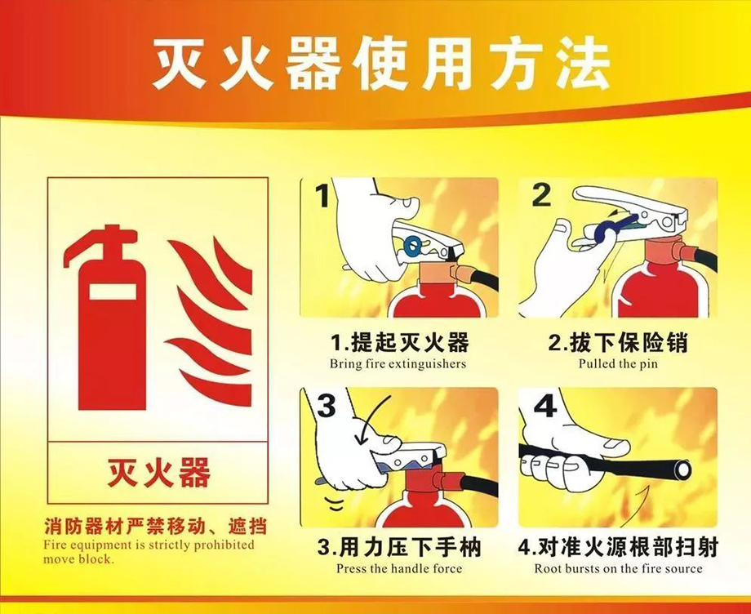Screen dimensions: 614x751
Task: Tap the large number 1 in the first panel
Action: pos(323,197)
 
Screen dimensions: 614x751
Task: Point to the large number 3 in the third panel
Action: pos(326,406)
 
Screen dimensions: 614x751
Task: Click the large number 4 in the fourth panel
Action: pos(544,405)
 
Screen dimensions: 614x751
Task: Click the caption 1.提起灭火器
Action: pos(399,341)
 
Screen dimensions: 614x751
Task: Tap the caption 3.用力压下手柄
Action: pos(399,545)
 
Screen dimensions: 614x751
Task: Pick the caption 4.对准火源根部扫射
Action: pos(618,545)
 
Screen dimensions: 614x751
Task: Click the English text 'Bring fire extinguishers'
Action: pos(398,363)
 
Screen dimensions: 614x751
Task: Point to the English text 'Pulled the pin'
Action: pos(618,363)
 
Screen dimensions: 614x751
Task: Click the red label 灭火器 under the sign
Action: pos(158,472)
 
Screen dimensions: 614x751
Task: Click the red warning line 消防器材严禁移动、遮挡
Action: pos(155,525)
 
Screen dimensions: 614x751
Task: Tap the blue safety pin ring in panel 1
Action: pos(411,242)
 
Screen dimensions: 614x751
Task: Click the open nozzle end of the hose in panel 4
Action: pos(678,470)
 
